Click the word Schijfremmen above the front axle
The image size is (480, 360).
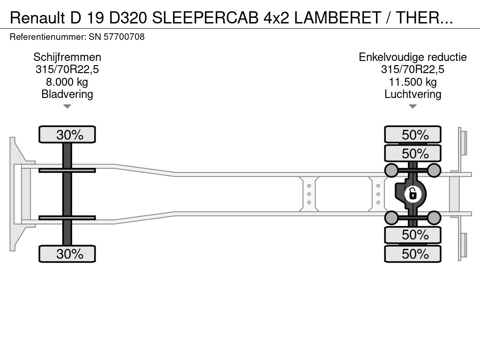pos(67,57)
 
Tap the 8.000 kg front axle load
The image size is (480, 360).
pos(67,82)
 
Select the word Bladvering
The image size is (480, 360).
pos(67,94)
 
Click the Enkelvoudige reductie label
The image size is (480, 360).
pos(412,57)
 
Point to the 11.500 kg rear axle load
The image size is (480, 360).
pos(412,82)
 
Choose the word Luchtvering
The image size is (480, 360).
pos(412,94)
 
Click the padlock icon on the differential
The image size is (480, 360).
pos(412,193)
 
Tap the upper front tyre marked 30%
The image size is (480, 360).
pos(67,135)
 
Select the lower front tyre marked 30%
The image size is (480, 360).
pos(67,254)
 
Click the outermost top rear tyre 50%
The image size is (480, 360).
pos(412,135)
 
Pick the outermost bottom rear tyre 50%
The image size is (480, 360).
pos(412,254)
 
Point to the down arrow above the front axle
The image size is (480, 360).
pos(67,106)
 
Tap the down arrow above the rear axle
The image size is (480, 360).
pos(412,106)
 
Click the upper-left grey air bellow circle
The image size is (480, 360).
pos(391,170)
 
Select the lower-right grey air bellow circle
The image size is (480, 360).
pos(434,217)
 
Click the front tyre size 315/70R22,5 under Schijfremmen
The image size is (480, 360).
pos(67,70)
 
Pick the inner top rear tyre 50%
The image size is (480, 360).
pos(412,154)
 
